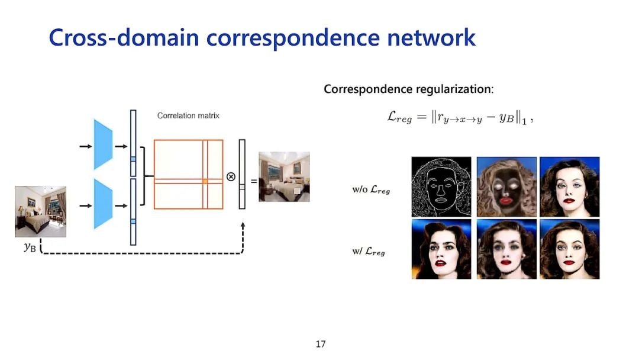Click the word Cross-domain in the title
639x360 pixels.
pyautogui.click(x=124, y=38)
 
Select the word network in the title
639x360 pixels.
pyautogui.click(x=431, y=38)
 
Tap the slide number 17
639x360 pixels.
pyautogui.click(x=321, y=344)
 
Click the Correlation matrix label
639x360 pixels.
pyautogui.click(x=188, y=116)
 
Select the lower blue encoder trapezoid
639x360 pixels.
pyautogui.click(x=103, y=205)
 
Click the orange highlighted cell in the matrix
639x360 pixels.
pyautogui.click(x=205, y=181)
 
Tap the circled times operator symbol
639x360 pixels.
pyautogui.click(x=231, y=176)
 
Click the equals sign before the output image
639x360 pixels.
pyautogui.click(x=253, y=181)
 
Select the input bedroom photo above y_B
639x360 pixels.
pyautogui.click(x=41, y=211)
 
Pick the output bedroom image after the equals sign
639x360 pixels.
pyautogui.click(x=284, y=176)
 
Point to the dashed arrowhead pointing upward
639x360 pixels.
pyautogui.click(x=243, y=227)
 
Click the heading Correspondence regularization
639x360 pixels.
pyautogui.click(x=408, y=89)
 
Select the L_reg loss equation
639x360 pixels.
pyautogui.click(x=460, y=117)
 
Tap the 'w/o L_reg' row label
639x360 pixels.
pyautogui.click(x=371, y=190)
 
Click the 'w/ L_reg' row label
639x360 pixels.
pyautogui.click(x=368, y=252)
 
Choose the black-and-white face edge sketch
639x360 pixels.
pyautogui.click(x=441, y=187)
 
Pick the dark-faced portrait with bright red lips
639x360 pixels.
pyautogui.click(x=506, y=187)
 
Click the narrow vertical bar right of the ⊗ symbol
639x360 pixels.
pyautogui.click(x=242, y=174)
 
